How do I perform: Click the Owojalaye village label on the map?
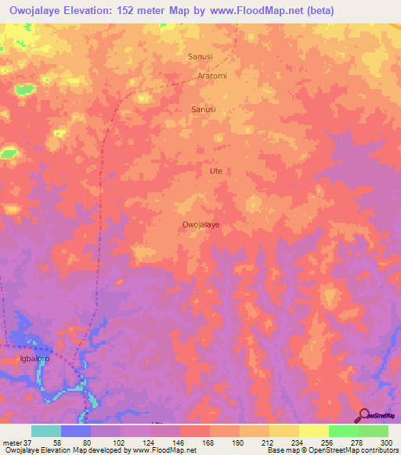click(x=200, y=224)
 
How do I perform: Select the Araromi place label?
click(x=211, y=77)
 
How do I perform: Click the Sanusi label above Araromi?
click(x=201, y=56)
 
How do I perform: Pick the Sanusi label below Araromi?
click(x=204, y=110)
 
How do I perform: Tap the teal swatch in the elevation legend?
click(x=46, y=431)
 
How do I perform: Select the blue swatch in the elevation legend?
click(x=76, y=431)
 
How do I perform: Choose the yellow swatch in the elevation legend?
click(x=313, y=431)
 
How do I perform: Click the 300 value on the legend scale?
click(x=385, y=442)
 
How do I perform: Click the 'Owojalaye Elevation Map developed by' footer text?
click(x=55, y=450)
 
